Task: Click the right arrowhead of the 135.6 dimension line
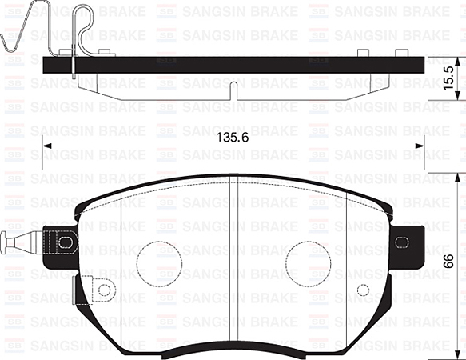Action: tap(420, 145)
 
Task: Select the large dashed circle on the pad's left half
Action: tap(159, 262)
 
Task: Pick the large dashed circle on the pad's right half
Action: tap(307, 262)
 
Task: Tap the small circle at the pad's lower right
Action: tap(363, 290)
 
